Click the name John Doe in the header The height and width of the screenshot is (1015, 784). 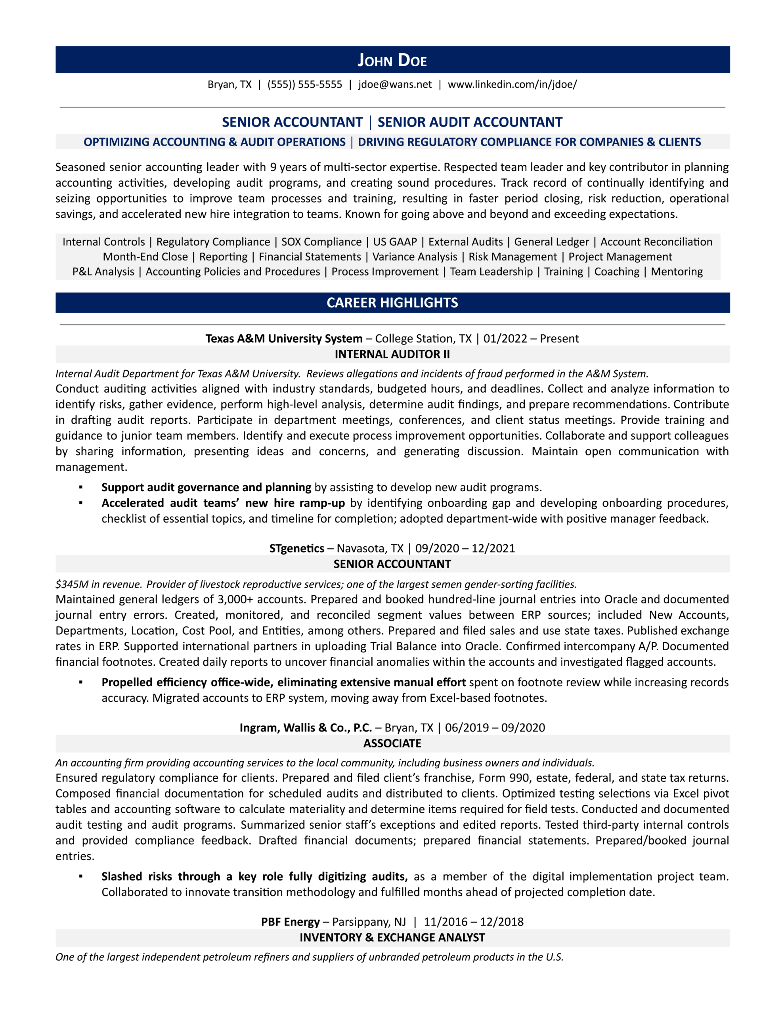pyautogui.click(x=392, y=60)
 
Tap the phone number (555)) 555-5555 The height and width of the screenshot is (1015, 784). pyautogui.click(x=304, y=84)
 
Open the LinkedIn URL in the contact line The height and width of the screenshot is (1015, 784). pyautogui.click(x=512, y=84)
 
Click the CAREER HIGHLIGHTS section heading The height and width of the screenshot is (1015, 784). pyautogui.click(x=392, y=303)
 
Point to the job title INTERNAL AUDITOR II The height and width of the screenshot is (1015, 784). pyautogui.click(x=392, y=354)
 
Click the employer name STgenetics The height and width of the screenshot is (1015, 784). pyautogui.click(x=296, y=548)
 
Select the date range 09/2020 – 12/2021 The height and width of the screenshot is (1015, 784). pyautogui.click(x=465, y=548)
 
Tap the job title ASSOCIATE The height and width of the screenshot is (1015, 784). pyautogui.click(x=392, y=743)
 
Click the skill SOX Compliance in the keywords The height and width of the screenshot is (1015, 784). pyautogui.click(x=321, y=242)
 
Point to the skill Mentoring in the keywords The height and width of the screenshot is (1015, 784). pyautogui.click(x=676, y=272)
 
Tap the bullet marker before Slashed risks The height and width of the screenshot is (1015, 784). pyautogui.click(x=81, y=876)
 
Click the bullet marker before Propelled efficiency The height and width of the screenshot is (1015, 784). pyautogui.click(x=81, y=682)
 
